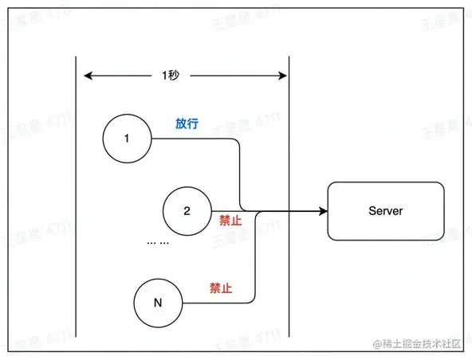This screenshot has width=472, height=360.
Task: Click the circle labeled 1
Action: click(127, 139)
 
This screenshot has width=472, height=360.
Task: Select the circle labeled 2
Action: click(187, 211)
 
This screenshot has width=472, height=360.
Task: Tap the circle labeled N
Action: click(159, 303)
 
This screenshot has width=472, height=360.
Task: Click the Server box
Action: click(386, 211)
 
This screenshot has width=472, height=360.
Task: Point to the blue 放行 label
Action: click(187, 124)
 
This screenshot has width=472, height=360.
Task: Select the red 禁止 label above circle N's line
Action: click(221, 288)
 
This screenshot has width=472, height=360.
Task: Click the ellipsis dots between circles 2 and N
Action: click(158, 242)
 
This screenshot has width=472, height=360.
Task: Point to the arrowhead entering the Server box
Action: click(323, 211)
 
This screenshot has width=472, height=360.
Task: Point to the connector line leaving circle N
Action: click(215, 303)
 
